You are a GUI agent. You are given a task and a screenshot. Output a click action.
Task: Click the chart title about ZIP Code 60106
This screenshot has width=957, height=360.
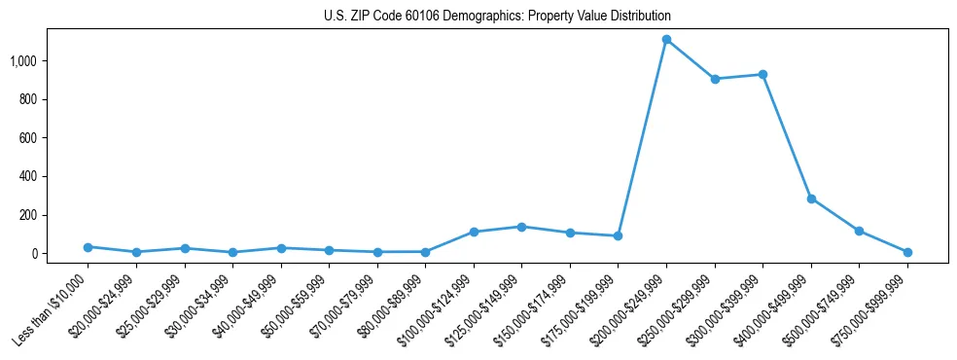tap(497, 17)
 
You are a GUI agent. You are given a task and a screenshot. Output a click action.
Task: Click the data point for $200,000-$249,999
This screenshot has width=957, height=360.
tap(666, 40)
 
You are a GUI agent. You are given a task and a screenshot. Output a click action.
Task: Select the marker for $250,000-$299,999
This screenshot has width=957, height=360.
tap(715, 79)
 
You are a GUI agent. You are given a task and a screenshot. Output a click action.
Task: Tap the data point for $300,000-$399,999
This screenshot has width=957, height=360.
tap(762, 74)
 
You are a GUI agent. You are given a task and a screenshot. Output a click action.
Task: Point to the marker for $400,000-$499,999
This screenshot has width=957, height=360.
tap(811, 198)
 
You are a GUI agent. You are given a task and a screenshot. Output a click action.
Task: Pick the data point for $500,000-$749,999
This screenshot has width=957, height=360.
tap(859, 231)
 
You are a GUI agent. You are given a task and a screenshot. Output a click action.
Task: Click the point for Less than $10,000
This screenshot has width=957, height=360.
tap(88, 247)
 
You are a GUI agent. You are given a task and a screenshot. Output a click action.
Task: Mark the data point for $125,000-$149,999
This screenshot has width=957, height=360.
tap(521, 227)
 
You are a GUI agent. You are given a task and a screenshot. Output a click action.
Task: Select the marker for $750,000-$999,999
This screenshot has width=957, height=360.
tap(907, 252)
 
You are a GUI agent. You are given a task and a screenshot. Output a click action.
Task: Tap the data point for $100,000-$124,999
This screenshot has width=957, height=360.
tap(474, 232)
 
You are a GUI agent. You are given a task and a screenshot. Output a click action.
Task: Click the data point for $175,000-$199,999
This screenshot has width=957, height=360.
tap(618, 235)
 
